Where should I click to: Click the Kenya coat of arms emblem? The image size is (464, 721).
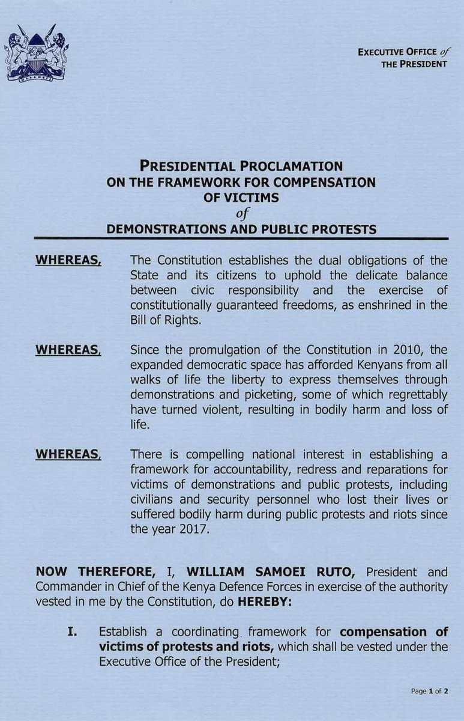[x=37, y=55]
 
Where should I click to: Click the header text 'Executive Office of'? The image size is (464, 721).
[x=402, y=52]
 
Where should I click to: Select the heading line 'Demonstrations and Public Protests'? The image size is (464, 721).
[x=241, y=228]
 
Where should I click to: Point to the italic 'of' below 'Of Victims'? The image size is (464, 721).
[x=241, y=213]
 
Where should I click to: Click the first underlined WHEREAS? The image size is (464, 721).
[x=68, y=260]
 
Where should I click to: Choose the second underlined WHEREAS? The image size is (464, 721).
[x=68, y=350]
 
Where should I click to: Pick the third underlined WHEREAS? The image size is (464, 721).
[x=68, y=455]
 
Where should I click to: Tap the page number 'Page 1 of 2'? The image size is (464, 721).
[x=430, y=692]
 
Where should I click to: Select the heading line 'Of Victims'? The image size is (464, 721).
[x=241, y=197]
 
